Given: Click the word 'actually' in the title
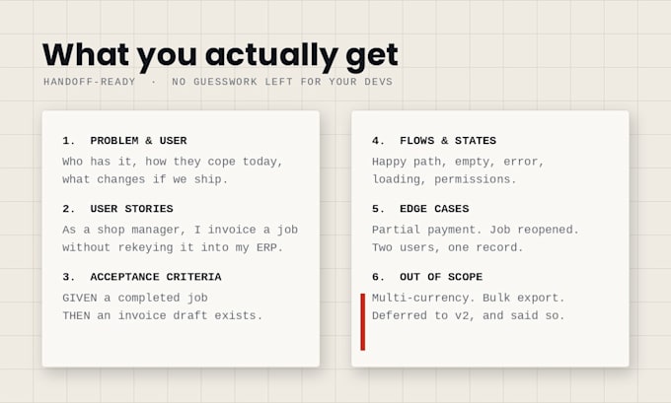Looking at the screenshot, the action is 271,55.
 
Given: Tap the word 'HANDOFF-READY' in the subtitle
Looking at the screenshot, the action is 90,82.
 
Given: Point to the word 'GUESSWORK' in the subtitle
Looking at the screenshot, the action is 226,82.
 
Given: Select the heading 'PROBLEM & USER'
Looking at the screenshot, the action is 139,141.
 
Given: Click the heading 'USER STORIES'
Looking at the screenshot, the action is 132,209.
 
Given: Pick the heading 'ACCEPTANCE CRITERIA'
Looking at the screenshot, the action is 156,277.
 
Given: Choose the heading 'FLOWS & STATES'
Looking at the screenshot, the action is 448,141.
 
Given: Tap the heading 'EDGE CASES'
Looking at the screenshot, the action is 434,209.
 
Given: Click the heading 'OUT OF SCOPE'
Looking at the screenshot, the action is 441,277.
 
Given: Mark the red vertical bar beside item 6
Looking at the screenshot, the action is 363,322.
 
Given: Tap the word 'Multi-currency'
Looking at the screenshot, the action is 420,298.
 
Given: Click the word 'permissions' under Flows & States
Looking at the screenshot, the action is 473,179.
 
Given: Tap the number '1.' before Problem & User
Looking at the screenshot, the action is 69,141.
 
